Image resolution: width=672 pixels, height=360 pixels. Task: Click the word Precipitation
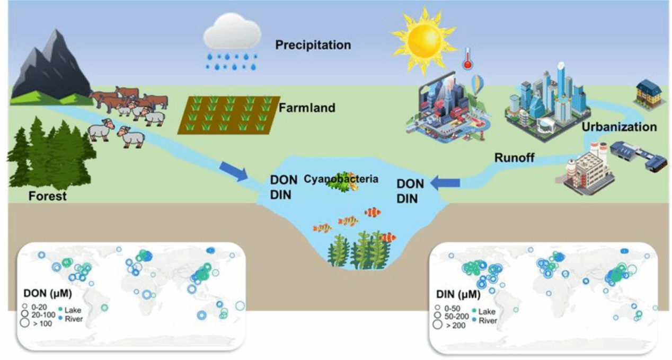(x=313, y=45)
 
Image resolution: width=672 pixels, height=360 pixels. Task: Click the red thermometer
(x=467, y=58)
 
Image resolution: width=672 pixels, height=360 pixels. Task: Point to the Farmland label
(x=307, y=108)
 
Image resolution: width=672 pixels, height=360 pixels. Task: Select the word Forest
(x=48, y=196)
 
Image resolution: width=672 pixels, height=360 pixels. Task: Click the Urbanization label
(x=619, y=127)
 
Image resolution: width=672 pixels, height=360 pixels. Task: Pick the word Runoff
(x=515, y=157)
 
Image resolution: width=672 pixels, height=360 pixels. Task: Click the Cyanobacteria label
(x=341, y=179)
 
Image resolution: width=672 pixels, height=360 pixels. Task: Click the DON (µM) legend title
(x=48, y=293)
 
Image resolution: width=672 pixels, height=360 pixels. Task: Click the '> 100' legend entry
(x=38, y=324)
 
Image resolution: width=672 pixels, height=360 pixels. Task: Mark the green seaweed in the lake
(x=360, y=249)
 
